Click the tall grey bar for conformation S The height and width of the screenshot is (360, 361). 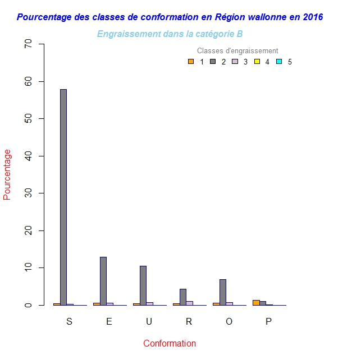(63, 196)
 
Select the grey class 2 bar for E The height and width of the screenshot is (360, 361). (103, 281)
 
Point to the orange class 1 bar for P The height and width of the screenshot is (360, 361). (256, 303)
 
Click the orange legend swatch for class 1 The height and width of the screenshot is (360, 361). (191, 62)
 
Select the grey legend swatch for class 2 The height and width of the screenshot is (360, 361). (213, 62)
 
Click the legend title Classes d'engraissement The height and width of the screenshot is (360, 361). (237, 51)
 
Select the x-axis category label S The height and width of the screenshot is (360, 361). (70, 322)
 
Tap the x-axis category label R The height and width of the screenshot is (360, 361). (189, 322)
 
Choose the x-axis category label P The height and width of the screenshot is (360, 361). (268, 322)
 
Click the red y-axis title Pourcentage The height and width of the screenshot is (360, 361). (7, 174)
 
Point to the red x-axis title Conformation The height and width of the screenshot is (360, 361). (170, 344)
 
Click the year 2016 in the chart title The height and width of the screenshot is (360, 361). (313, 17)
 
